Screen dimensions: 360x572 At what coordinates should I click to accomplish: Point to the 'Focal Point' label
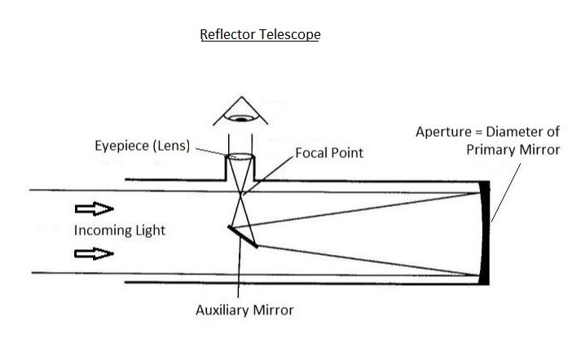coord(328,152)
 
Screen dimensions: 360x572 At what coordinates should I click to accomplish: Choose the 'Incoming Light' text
coord(119,230)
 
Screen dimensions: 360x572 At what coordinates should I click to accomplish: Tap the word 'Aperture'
coord(444,132)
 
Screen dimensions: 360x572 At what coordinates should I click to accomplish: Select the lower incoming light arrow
coord(93,253)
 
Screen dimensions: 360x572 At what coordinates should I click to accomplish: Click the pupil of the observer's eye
coord(240,118)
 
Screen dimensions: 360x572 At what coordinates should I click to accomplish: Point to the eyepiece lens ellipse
coord(240,157)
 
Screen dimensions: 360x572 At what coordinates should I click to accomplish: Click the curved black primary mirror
coord(486,232)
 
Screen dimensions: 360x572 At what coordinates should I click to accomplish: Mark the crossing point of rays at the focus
coord(240,193)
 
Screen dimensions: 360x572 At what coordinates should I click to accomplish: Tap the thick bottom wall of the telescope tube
coord(301,283)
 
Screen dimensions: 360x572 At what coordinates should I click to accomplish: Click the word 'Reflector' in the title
coord(229,36)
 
